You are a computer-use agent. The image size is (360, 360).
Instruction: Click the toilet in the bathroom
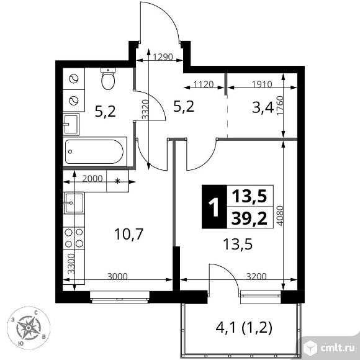click(x=108, y=79)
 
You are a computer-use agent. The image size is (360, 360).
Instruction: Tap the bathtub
click(x=94, y=151)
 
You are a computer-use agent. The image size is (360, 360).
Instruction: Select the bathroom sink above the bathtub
click(x=71, y=124)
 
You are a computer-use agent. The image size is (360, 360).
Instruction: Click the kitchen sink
click(x=74, y=203)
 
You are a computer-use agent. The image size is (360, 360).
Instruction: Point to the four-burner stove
click(x=74, y=238)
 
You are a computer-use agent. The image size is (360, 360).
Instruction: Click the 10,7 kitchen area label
click(x=129, y=234)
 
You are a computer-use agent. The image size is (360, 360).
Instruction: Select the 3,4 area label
click(x=263, y=107)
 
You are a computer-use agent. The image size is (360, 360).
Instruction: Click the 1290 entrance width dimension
click(x=163, y=56)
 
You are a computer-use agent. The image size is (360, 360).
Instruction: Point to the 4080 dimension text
click(x=281, y=216)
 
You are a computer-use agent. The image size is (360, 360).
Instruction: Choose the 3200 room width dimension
click(x=256, y=276)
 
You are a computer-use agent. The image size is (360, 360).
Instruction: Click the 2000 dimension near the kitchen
click(x=92, y=178)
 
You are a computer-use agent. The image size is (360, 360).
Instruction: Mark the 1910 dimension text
click(x=262, y=84)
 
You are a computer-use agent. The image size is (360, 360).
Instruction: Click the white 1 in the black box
click(x=214, y=207)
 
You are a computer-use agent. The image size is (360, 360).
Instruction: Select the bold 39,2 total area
click(x=250, y=218)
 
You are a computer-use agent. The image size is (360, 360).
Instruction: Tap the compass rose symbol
click(x=29, y=328)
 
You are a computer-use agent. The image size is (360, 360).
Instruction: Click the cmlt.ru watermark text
click(x=338, y=348)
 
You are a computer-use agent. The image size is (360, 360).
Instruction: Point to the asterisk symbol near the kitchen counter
click(x=117, y=181)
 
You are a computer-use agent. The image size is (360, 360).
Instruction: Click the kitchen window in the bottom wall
click(x=120, y=297)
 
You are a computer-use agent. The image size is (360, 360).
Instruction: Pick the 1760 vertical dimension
click(x=281, y=106)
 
